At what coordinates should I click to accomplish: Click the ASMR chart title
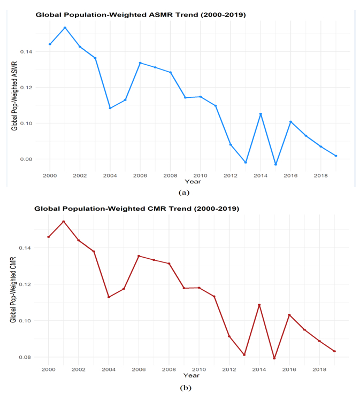[x=140, y=15]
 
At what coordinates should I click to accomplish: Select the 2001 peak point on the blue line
[x=65, y=28]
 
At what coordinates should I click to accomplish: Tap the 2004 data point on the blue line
[x=110, y=108]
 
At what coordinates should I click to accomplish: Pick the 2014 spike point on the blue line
[x=261, y=114]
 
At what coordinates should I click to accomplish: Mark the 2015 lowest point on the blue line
[x=275, y=164]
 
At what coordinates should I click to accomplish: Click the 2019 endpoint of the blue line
[x=336, y=156]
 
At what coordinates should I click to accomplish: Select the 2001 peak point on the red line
[x=64, y=221]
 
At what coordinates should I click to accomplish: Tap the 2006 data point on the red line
[x=139, y=256]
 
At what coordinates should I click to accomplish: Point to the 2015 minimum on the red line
[x=274, y=358]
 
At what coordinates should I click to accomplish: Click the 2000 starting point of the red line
[x=49, y=237]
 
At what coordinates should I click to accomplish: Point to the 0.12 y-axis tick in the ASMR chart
[x=26, y=88]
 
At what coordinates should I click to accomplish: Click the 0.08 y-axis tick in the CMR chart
[x=25, y=357]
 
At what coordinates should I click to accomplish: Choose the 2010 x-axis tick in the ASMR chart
[x=200, y=175]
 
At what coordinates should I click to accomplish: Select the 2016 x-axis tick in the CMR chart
[x=289, y=369]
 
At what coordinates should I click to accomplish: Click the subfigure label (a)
[x=185, y=192]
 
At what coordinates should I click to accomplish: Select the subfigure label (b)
[x=185, y=387]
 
